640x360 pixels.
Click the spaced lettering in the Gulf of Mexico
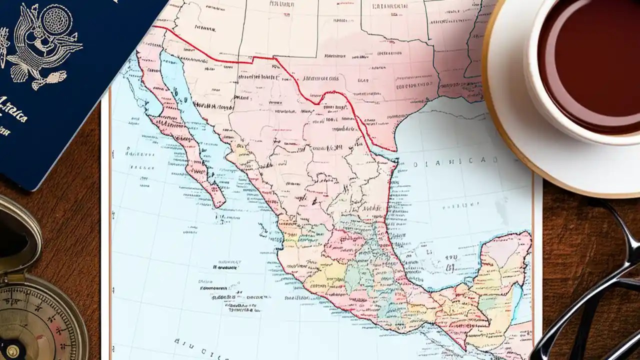[x=455, y=161]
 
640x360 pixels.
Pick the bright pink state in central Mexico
[x=345, y=245]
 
